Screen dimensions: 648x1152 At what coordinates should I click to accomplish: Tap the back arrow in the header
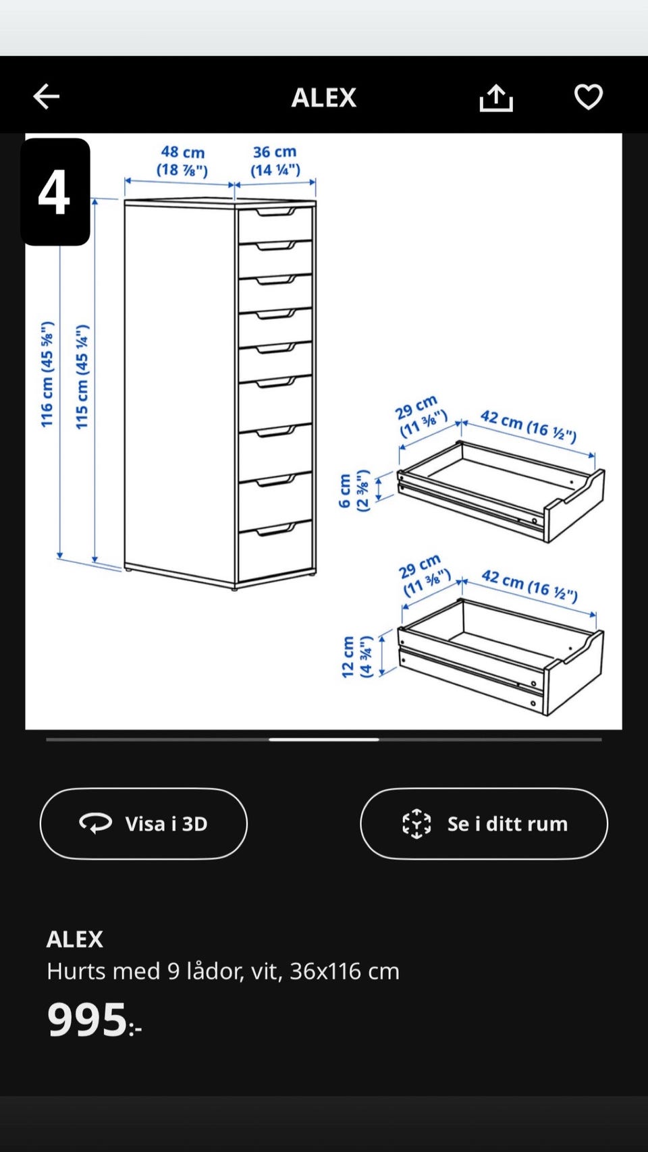tap(47, 97)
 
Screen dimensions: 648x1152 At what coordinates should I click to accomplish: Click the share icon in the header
tap(495, 98)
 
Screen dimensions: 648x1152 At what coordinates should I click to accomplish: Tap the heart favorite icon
tap(589, 97)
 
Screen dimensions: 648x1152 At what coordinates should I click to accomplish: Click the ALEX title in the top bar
tap(323, 98)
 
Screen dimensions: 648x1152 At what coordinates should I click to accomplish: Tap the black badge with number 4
tap(55, 192)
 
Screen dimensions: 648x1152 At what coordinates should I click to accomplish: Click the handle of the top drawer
tap(276, 212)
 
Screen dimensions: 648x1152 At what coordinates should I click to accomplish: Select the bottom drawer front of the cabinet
tap(275, 549)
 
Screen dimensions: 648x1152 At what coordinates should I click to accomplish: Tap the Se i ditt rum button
tap(484, 824)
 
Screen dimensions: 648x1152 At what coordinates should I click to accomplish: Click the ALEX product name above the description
tap(75, 939)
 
